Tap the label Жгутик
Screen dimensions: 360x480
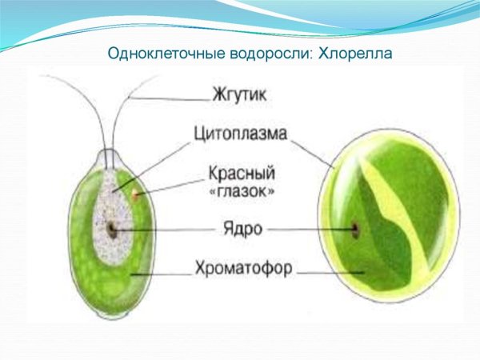pos(239,94)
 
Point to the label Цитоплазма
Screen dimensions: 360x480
pos(240,134)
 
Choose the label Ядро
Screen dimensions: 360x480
pos(239,229)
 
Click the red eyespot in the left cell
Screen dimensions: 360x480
pos(137,194)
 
